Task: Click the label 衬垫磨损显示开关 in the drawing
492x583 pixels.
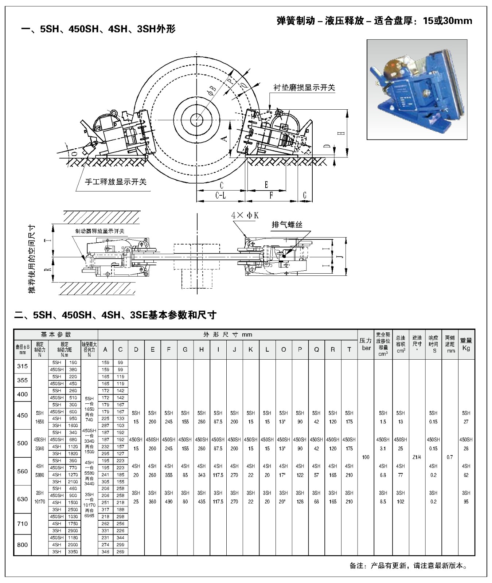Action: coord(304,88)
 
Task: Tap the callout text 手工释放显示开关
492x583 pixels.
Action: coord(116,182)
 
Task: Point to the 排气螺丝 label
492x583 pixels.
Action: coord(287,225)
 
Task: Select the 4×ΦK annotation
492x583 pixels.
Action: coord(245,215)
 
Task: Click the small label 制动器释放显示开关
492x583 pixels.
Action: coord(99,231)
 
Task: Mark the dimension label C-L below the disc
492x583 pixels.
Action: coord(220,196)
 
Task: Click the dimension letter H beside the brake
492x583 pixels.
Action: coord(341,133)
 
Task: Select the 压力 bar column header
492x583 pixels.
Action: coord(366,344)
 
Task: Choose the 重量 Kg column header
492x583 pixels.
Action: coord(466,344)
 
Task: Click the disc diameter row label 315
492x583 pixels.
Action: coord(23,366)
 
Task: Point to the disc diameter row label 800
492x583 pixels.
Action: coord(23,545)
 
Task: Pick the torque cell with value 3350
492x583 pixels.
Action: coord(73,552)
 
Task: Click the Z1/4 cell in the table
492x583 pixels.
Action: coord(417,457)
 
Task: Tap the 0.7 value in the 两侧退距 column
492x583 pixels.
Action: coord(450,457)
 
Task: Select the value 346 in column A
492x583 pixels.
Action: coord(105,552)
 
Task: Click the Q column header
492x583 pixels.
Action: coord(316,349)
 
